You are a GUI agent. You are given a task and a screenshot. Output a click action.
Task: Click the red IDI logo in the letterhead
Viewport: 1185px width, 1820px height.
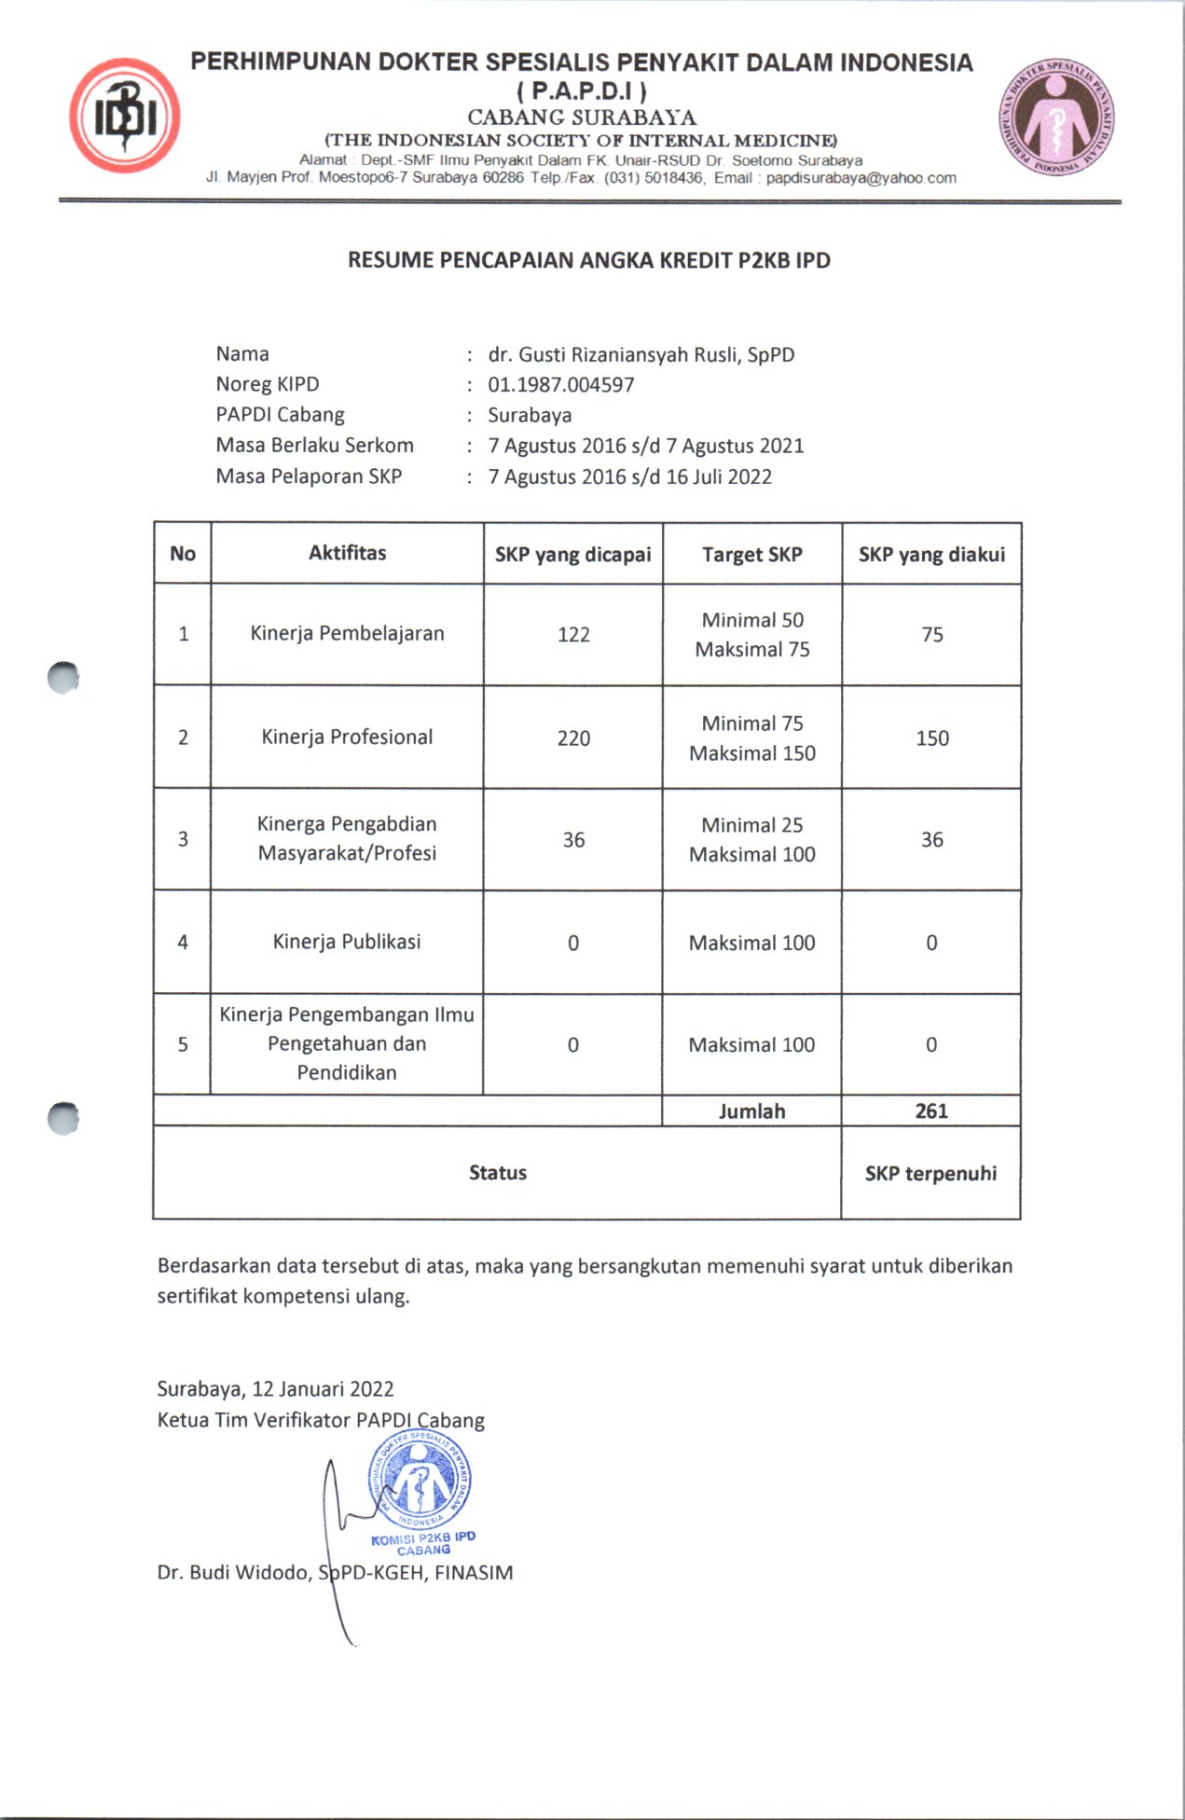point(124,117)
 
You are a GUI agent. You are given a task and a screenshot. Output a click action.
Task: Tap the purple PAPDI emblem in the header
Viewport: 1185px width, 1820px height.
point(1057,117)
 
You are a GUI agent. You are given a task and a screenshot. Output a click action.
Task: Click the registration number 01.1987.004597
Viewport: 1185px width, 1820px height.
point(561,385)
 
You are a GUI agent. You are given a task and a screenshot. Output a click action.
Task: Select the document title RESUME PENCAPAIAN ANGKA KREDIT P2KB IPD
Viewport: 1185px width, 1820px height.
point(589,260)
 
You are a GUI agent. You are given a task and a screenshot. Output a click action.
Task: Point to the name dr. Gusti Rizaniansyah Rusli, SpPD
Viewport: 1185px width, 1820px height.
point(641,354)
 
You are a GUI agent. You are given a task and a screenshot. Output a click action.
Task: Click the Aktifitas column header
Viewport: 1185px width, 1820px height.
point(347,553)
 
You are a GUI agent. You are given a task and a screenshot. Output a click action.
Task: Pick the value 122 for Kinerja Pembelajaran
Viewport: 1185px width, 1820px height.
point(573,635)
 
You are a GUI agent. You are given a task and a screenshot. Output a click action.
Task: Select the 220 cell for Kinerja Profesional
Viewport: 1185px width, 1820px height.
point(573,738)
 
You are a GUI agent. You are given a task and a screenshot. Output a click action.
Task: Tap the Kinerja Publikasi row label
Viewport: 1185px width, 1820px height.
point(347,942)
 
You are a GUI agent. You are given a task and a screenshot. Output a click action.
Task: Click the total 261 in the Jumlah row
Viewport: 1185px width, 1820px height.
point(931,1110)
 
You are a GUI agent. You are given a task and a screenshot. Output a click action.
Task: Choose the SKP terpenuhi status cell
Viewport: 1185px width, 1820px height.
point(930,1173)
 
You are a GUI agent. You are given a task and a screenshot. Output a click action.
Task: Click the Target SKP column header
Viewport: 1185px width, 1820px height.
point(751,555)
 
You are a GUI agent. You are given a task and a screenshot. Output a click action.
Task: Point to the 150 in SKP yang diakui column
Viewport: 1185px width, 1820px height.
point(932,738)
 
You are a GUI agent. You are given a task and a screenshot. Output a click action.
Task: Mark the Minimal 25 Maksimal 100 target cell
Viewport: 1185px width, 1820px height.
point(751,839)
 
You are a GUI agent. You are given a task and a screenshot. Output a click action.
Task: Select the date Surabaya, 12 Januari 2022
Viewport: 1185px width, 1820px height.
point(275,1389)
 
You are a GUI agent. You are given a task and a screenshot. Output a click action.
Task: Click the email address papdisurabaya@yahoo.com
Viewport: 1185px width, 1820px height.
point(861,178)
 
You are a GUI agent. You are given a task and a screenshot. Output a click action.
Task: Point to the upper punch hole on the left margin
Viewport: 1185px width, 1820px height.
point(63,678)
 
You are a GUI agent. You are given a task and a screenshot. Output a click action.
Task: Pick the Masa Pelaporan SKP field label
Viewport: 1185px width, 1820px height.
point(309,476)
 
